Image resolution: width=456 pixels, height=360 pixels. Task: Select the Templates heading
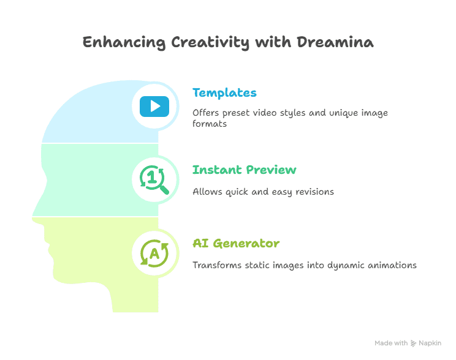pos(224,93)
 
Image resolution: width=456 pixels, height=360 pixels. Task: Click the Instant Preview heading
pos(245,170)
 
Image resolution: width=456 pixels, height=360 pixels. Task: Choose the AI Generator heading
pos(236,244)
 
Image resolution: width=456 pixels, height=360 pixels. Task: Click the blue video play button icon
pos(154,107)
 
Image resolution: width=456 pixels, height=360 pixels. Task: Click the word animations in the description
pos(392,265)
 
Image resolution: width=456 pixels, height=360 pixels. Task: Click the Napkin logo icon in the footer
pos(414,343)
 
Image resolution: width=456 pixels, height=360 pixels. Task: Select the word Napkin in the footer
pos(430,343)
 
